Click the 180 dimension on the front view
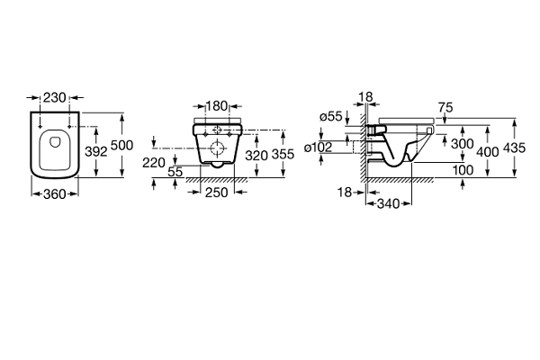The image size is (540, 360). [x=217, y=106]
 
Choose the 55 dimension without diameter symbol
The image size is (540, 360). [x=175, y=172]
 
